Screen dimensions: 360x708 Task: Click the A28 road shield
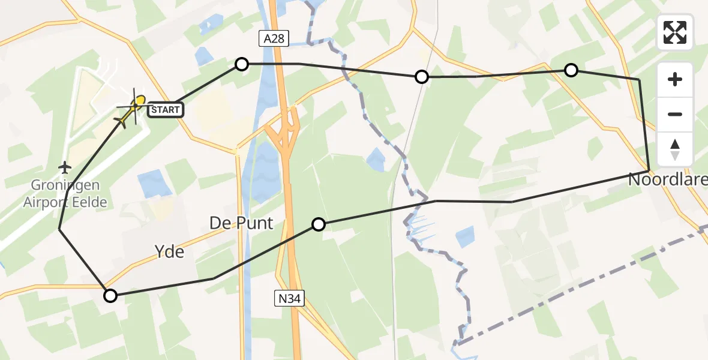274,39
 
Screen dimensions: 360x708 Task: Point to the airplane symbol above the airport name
65,166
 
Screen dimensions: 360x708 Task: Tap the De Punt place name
241,224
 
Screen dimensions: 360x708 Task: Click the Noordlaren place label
667,179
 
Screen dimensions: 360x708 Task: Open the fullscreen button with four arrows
675,32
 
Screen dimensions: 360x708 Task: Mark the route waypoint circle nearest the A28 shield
241,64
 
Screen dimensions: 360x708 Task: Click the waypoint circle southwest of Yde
110,295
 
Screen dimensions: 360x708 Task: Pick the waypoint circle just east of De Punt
319,224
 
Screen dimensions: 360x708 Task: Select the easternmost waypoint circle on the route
571,71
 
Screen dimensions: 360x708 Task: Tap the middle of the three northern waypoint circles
422,77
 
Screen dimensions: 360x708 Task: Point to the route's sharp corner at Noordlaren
649,170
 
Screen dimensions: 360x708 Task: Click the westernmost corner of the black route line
59,229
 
